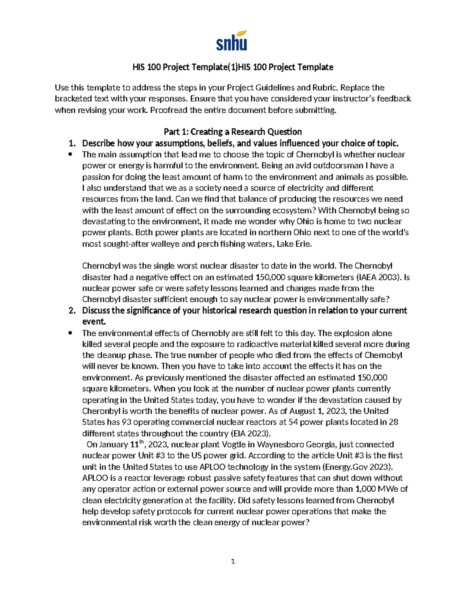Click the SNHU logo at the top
pos(232,40)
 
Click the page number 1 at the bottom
pos(233,561)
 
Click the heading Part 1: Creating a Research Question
pos(233,132)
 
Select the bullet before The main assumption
pos(70,155)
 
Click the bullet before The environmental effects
pos(70,333)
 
